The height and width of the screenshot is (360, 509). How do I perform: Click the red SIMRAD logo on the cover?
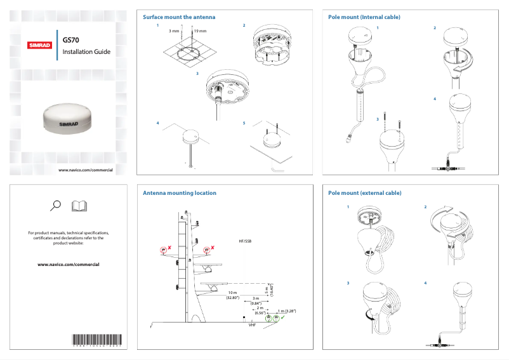(x=40, y=45)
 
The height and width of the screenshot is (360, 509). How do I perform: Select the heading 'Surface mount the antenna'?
(x=179, y=17)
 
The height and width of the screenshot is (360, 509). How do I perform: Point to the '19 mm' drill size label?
(x=200, y=30)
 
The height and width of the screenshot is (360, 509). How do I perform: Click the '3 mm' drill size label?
(x=173, y=30)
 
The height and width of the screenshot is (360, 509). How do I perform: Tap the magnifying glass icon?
(x=55, y=205)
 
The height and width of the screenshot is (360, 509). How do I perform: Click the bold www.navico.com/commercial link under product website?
(x=69, y=264)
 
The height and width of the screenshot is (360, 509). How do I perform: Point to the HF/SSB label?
(x=245, y=242)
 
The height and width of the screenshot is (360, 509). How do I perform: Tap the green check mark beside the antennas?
(x=282, y=317)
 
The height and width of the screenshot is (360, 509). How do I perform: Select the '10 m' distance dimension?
(x=232, y=293)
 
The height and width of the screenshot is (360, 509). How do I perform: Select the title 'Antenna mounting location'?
(x=179, y=192)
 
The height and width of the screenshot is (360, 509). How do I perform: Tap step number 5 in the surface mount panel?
(x=244, y=123)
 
